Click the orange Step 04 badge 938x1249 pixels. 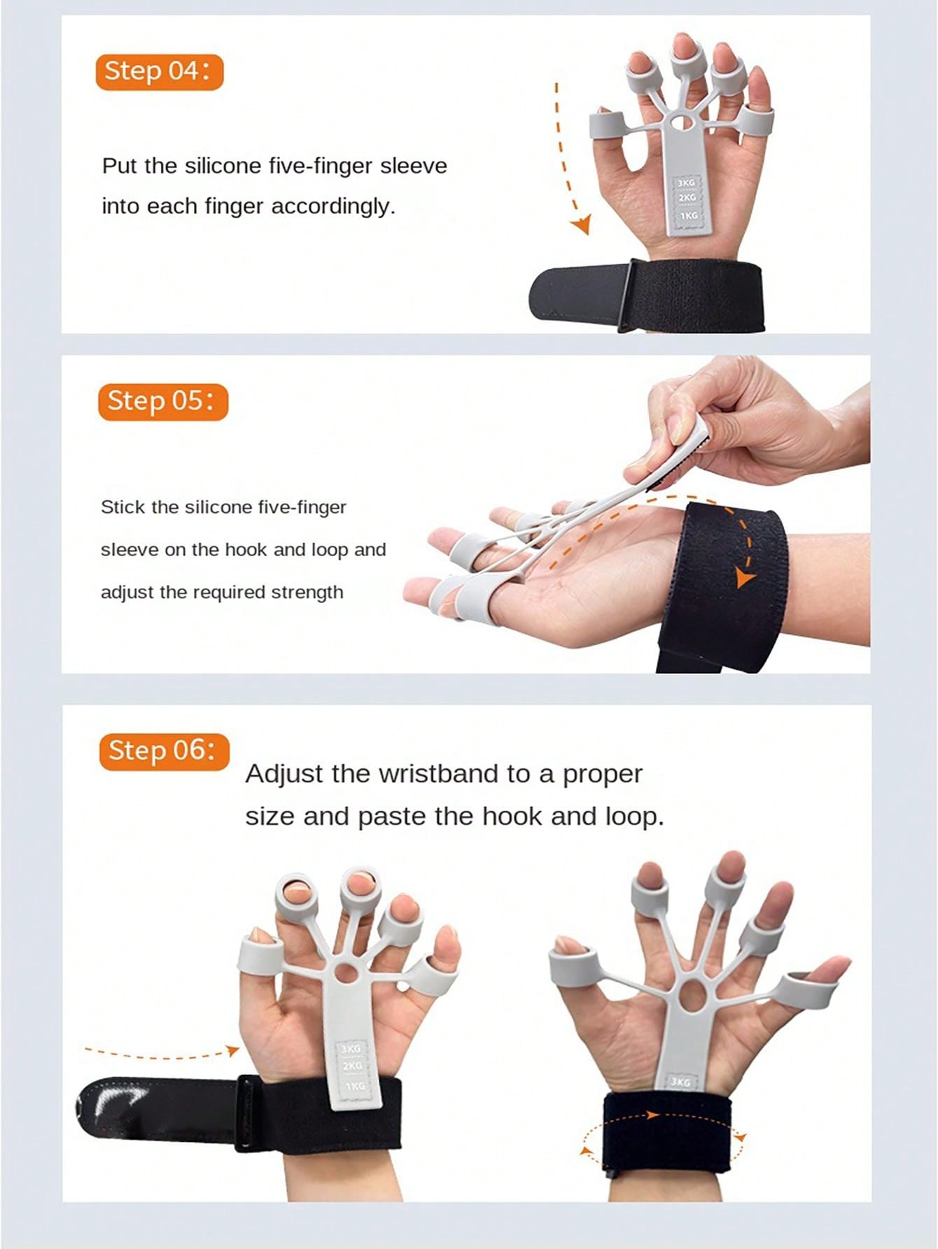click(x=160, y=71)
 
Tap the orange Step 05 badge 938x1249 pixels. click(x=163, y=401)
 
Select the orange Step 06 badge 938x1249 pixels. click(x=164, y=751)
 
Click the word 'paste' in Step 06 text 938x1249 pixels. click(x=393, y=817)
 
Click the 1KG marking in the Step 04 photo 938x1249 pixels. click(x=689, y=216)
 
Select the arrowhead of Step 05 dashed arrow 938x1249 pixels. click(x=745, y=577)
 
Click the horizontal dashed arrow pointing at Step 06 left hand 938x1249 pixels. click(x=161, y=1053)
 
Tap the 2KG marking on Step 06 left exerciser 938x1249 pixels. click(x=351, y=1066)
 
